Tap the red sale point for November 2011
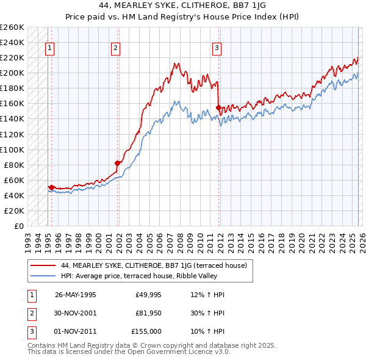218,107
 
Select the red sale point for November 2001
118,163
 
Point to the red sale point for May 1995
51,187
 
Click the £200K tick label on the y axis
12,73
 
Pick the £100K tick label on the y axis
12,149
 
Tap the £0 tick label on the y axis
18,226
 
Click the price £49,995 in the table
146,295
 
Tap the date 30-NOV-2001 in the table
76,313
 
